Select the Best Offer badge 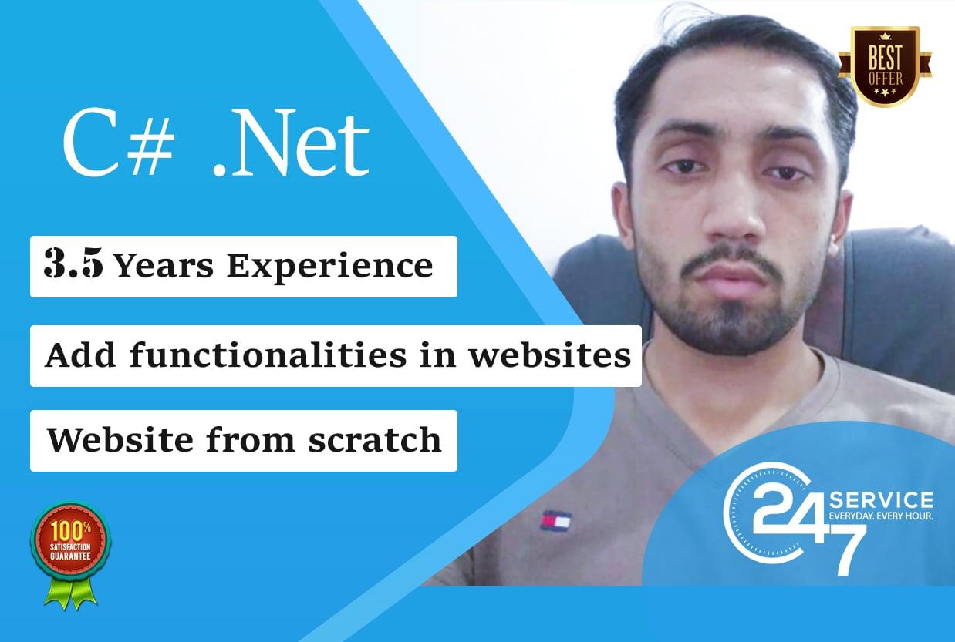tap(885, 66)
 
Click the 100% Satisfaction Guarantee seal tap(71, 540)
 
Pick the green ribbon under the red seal tap(71, 593)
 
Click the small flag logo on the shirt tap(555, 522)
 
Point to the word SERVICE tap(879, 499)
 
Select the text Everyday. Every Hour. tap(879, 515)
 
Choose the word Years tap(164, 267)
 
